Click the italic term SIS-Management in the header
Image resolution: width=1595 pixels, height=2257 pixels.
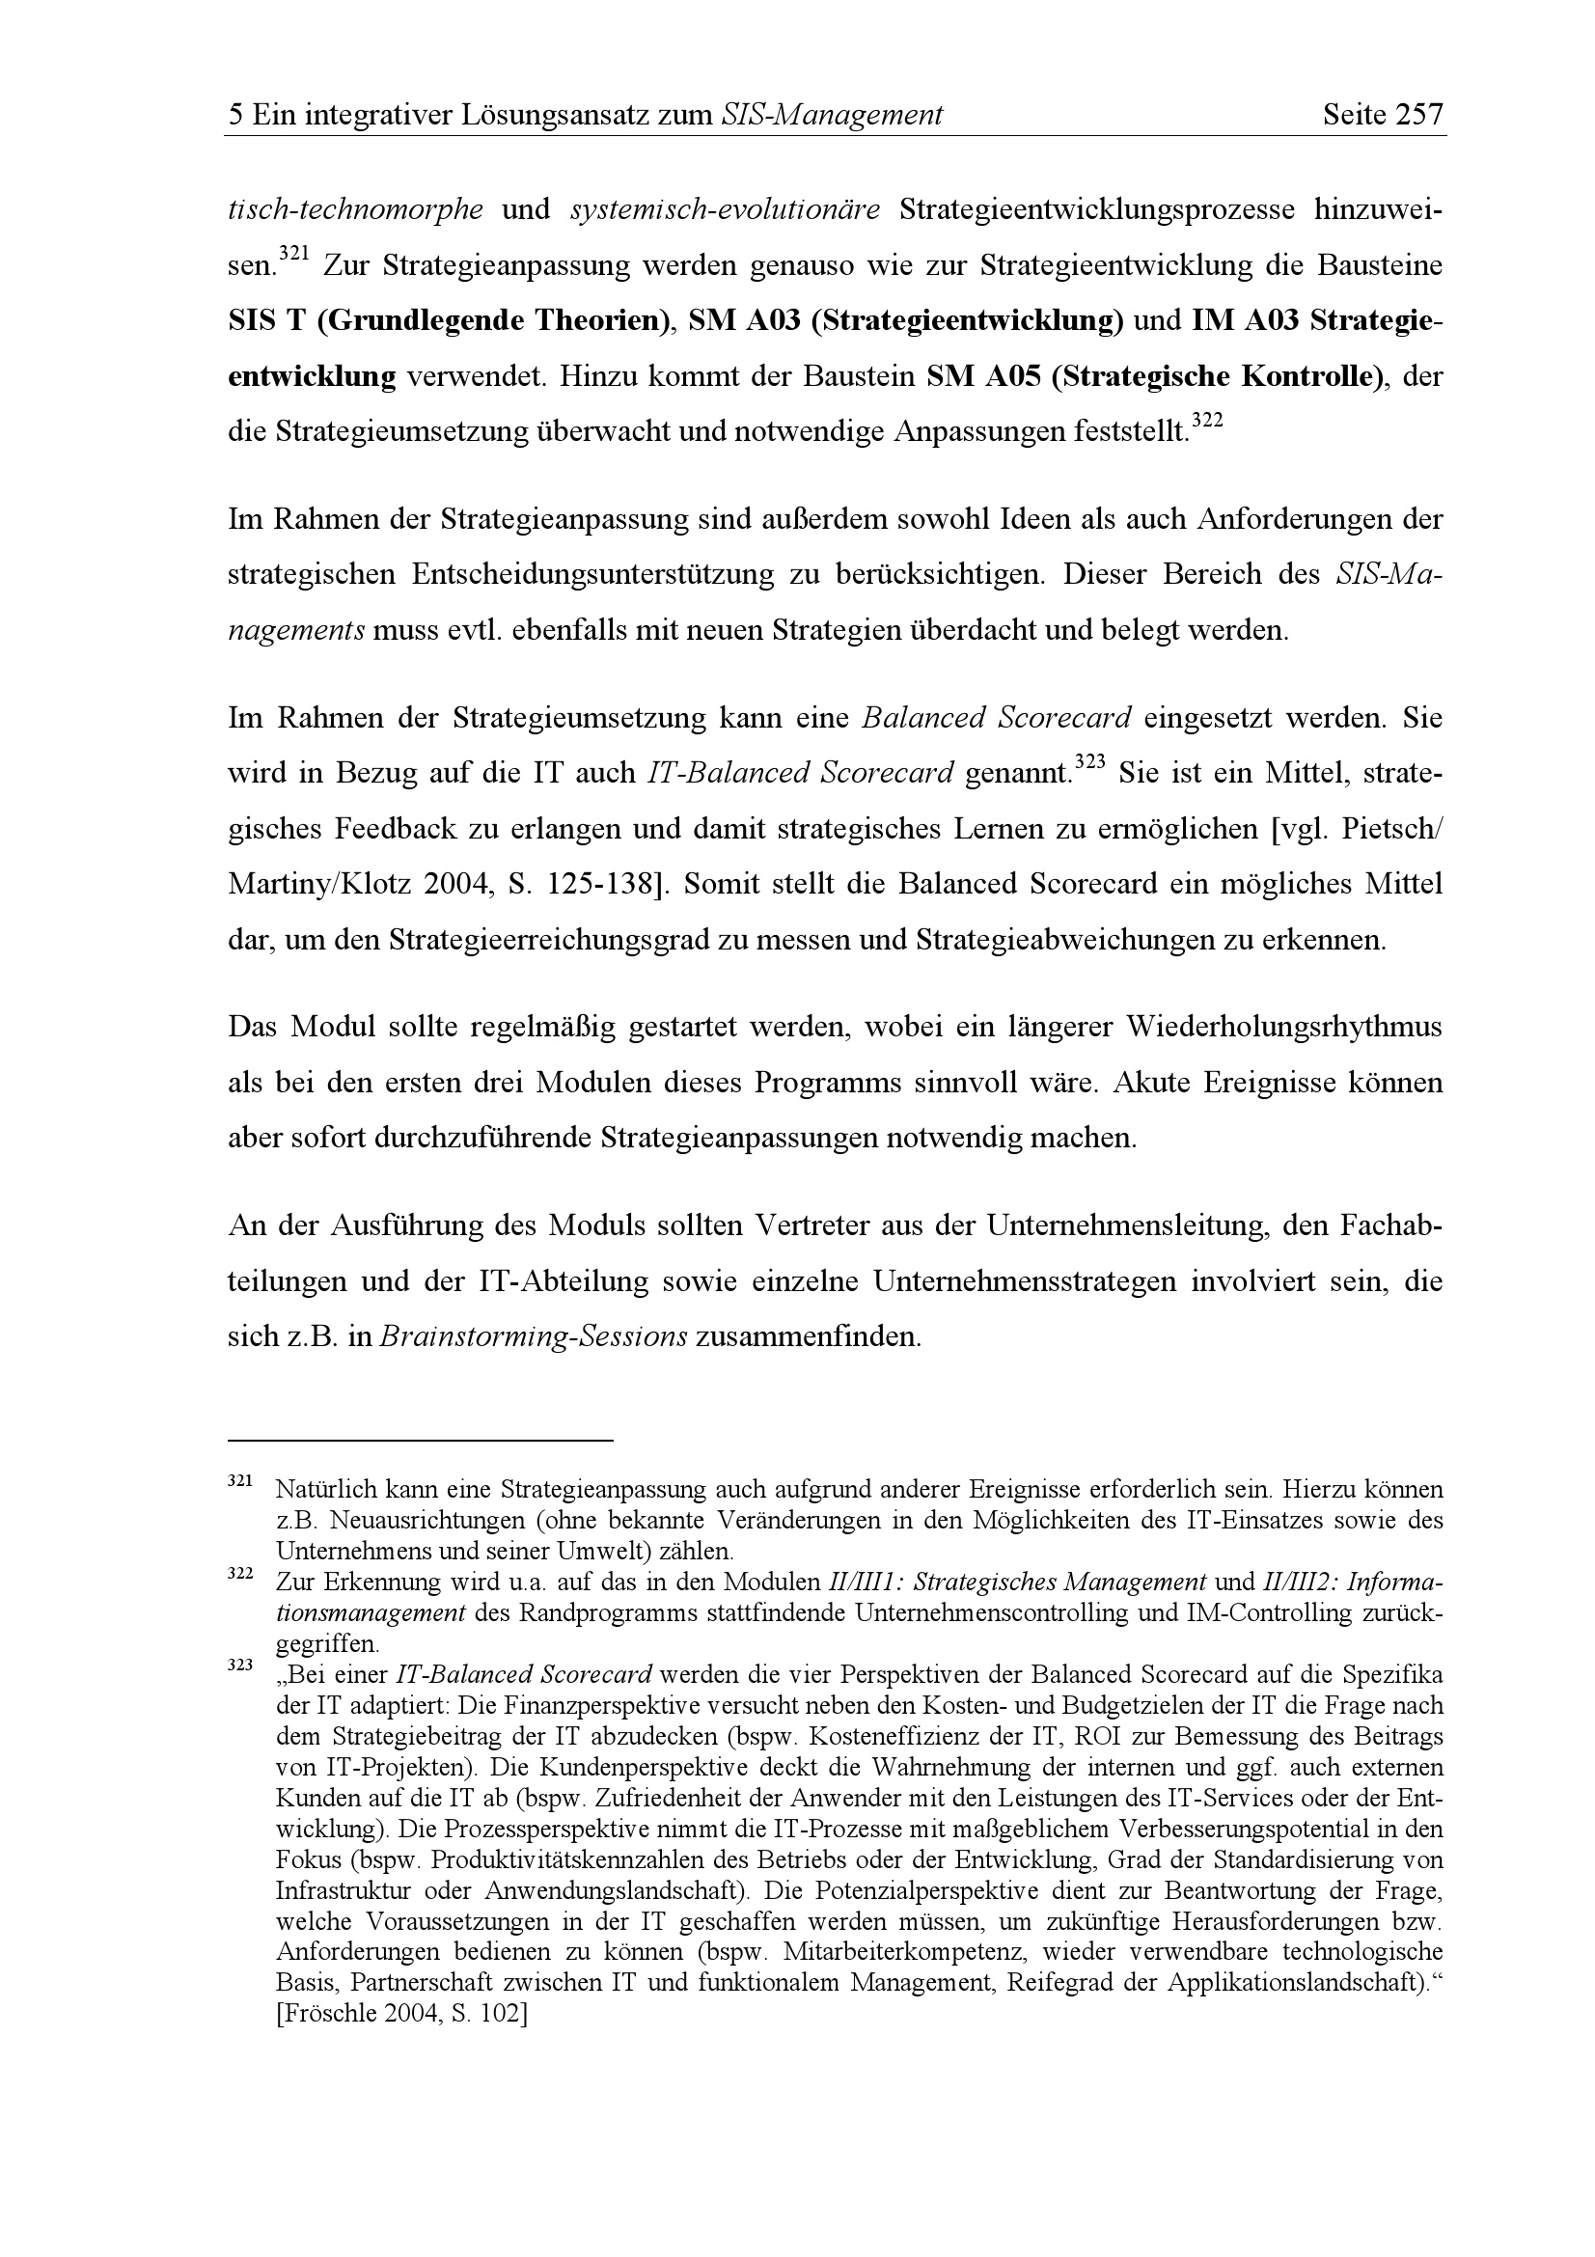pyautogui.click(x=832, y=116)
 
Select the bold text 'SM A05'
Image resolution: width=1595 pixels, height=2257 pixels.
pyautogui.click(x=982, y=376)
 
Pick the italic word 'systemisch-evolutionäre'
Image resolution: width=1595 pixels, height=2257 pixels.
pyautogui.click(x=725, y=210)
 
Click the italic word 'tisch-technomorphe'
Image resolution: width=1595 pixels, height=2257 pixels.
pyautogui.click(x=355, y=210)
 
